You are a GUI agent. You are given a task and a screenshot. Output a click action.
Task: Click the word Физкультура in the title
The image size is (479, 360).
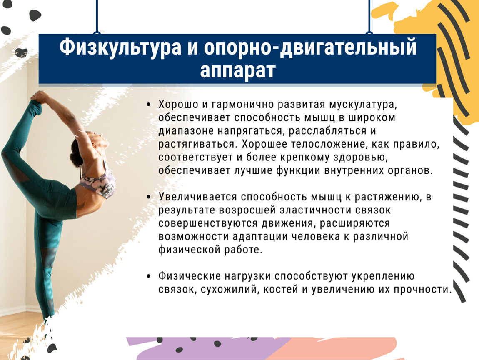click(x=120, y=47)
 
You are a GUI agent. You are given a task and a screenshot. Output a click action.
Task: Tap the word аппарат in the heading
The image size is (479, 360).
click(x=238, y=70)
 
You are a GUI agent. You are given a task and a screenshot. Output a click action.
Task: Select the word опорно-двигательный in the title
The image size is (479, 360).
click(x=310, y=47)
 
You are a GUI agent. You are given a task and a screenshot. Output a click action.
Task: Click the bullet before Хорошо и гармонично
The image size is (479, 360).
click(x=149, y=105)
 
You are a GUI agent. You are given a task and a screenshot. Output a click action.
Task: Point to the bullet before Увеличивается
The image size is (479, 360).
click(x=149, y=197)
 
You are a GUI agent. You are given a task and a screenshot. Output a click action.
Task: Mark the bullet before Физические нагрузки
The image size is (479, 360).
click(x=149, y=276)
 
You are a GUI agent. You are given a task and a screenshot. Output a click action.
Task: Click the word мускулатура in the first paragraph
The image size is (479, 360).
click(x=363, y=105)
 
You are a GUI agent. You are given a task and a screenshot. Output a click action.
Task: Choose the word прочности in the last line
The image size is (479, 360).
click(x=422, y=289)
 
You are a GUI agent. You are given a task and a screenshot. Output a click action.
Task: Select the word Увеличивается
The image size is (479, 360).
click(x=197, y=197)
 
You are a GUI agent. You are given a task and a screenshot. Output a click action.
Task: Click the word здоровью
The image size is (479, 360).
click(x=360, y=157)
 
